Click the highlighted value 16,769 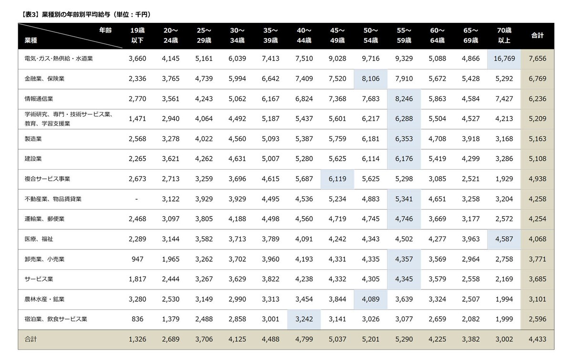[x=504, y=59]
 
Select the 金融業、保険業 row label [x=44, y=79]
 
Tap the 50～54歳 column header [x=370, y=35]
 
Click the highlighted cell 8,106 [x=370, y=79]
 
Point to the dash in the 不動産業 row [x=137, y=199]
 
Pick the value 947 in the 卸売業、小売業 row [x=137, y=259]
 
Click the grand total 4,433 [x=537, y=339]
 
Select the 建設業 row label [x=33, y=159]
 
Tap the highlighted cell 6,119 [x=337, y=179]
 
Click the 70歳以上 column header [x=504, y=35]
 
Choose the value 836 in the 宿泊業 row [x=137, y=319]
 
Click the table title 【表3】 [x=31, y=15]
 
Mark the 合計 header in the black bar [x=537, y=35]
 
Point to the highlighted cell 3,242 [x=304, y=319]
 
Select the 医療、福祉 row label [x=39, y=239]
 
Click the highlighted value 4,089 [x=370, y=299]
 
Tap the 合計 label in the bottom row [x=31, y=339]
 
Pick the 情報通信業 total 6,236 [x=537, y=99]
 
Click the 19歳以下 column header [x=137, y=35]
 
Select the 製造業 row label [x=33, y=139]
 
